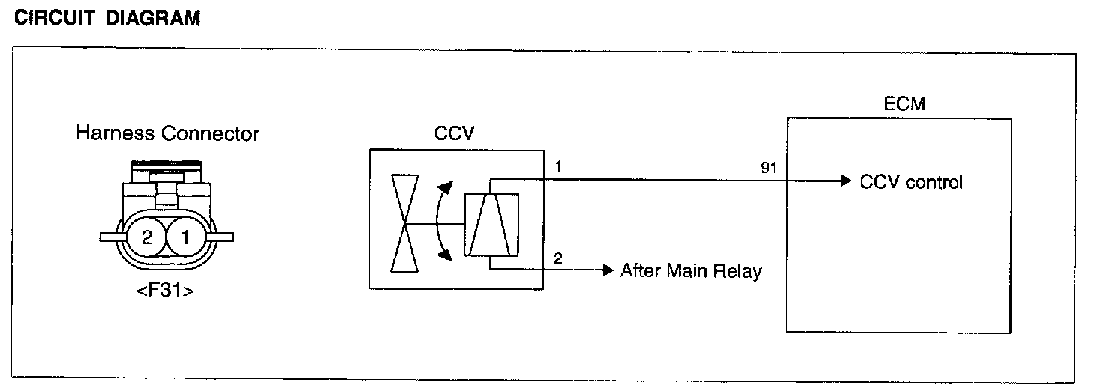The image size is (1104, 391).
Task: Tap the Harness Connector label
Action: click(x=167, y=134)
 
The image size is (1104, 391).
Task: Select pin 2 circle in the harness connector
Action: click(x=146, y=237)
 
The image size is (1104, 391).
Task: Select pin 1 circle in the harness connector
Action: click(x=184, y=237)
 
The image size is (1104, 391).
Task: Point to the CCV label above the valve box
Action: click(x=454, y=134)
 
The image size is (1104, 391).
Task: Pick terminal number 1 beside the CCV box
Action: click(x=556, y=167)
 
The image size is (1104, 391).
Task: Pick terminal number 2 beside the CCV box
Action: click(x=556, y=259)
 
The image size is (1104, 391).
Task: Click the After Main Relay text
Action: click(x=690, y=270)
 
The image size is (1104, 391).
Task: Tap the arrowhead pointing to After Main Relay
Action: click(x=608, y=270)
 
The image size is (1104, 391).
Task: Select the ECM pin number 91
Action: click(x=768, y=168)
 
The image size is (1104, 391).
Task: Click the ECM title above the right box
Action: click(x=904, y=104)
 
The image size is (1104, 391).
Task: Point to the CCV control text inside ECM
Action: click(x=911, y=182)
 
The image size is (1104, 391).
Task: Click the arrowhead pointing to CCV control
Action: click(x=846, y=181)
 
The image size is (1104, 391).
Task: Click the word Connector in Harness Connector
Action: click(x=211, y=134)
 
